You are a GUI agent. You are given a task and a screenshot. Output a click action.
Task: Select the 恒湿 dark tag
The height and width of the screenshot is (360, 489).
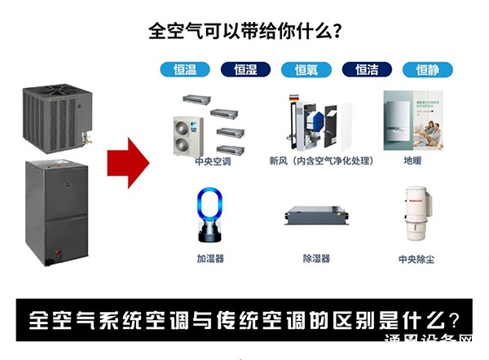point(245,70)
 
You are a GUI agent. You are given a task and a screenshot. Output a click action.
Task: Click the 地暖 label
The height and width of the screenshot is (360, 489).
point(412,161)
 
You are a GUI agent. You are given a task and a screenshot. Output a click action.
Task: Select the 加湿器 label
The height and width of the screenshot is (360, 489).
point(209,258)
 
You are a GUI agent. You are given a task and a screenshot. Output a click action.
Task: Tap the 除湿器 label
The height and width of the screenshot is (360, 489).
point(316,258)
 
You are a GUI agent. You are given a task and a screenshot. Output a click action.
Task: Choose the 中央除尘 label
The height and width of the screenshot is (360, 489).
point(414,258)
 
